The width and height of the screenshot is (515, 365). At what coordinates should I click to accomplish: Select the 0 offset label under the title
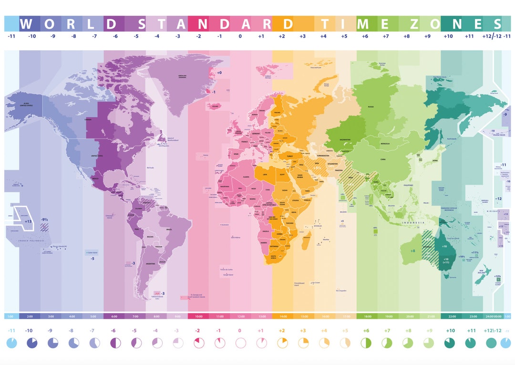click(x=240, y=36)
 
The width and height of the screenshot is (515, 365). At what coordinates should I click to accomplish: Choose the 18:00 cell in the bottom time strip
click(x=366, y=316)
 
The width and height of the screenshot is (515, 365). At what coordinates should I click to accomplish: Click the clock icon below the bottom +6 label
click(x=366, y=343)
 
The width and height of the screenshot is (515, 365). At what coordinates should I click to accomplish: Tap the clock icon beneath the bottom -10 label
click(x=32, y=343)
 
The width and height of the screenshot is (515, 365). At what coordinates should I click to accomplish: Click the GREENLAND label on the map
click(x=182, y=77)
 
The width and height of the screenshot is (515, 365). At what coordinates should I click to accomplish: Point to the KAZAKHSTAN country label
click(x=345, y=140)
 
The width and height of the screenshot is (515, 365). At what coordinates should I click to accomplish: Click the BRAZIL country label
click(x=168, y=230)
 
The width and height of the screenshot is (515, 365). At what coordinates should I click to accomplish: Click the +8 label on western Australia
click(x=412, y=250)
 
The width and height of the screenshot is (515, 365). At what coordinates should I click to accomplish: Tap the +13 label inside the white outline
click(x=29, y=221)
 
